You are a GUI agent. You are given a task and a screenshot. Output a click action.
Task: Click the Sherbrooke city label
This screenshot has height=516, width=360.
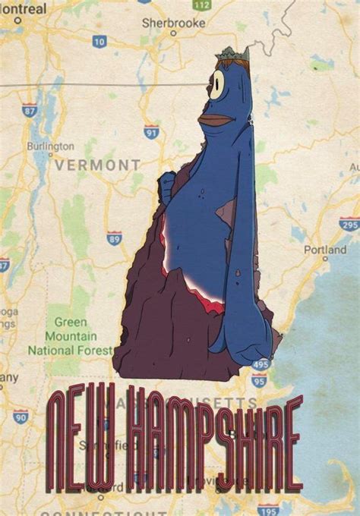[x=173, y=24]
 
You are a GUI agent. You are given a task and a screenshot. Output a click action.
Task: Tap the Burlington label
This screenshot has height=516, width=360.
[x=50, y=146]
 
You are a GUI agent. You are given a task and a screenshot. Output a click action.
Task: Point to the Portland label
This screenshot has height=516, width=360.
[x=325, y=249]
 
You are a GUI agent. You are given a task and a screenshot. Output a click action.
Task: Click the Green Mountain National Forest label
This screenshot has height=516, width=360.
[x=64, y=335]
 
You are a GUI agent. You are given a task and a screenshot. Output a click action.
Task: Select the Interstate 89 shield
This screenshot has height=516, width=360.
[x=114, y=238]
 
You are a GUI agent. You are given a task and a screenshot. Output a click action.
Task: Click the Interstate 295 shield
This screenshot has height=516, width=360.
[x=349, y=225]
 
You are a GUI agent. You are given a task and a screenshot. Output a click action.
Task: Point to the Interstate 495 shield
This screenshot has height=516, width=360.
[x=260, y=365]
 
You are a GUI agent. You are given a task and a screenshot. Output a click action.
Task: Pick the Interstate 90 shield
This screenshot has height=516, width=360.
[x=21, y=416]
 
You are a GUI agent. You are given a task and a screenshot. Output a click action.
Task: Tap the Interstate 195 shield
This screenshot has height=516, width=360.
[x=265, y=509]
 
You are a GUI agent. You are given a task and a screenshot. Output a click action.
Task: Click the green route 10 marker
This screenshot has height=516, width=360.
[x=99, y=42]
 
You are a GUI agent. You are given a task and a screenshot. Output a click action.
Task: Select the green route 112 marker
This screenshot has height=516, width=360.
[x=201, y=5]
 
